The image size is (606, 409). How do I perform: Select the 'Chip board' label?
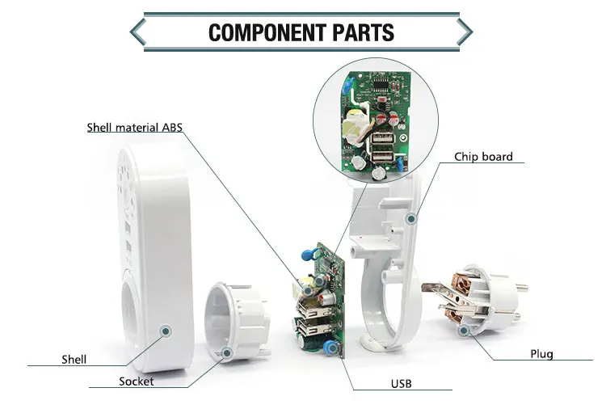coord(483,157)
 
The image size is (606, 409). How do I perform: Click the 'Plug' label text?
coord(541,354)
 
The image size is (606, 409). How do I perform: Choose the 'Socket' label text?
coord(136,382)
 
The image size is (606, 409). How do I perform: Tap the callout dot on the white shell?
coord(166,330)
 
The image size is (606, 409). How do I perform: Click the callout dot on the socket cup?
coord(227,353)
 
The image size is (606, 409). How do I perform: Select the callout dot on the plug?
coord(464,329)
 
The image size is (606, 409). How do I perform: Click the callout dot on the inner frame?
coord(410,217)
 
